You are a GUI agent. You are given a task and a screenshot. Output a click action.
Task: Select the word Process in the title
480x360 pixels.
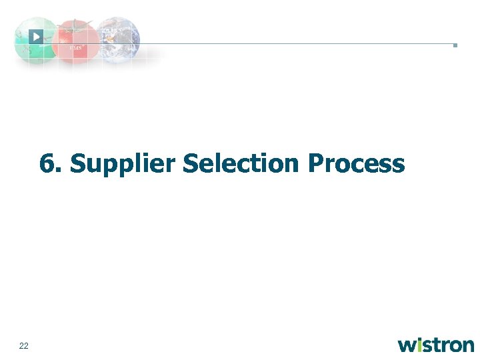[355, 163]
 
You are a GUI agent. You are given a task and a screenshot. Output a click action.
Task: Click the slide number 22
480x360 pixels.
[24, 345]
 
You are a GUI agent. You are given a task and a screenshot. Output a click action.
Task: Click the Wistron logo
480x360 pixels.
[436, 345]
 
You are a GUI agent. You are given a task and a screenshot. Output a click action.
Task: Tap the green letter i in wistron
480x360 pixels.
[421, 345]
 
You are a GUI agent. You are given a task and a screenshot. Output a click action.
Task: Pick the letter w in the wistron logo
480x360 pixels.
[407, 345]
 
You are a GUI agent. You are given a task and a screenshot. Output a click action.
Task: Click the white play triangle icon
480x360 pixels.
[37, 36]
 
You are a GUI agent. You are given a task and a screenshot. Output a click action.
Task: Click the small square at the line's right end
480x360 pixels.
[455, 45]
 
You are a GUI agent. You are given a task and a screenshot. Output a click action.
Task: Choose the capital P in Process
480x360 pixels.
[316, 163]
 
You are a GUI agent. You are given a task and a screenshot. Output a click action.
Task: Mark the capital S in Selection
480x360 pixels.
[191, 163]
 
